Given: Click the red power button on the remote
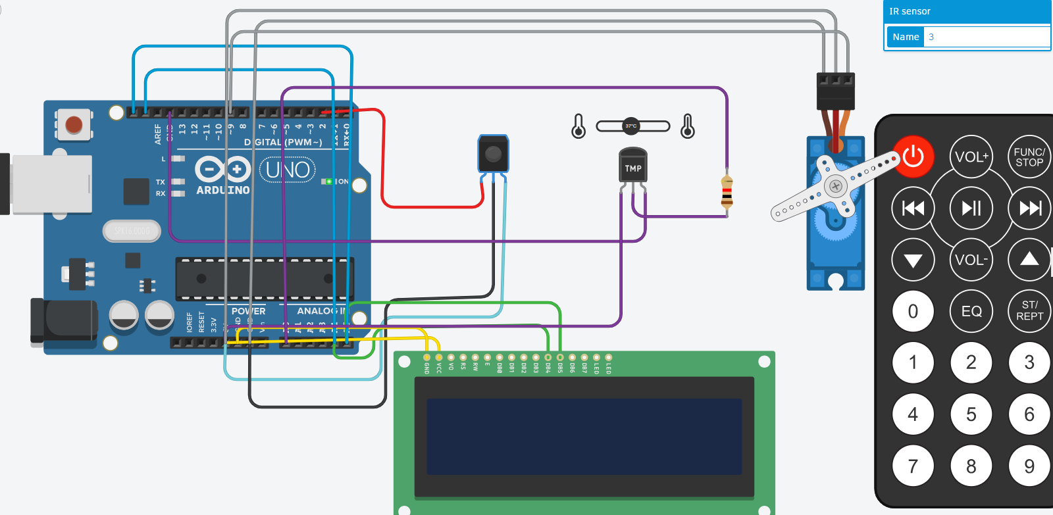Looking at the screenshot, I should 913,157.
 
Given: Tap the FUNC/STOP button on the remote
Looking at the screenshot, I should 1029,157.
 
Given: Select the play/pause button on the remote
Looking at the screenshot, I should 971,208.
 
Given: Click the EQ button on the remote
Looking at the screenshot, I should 971,311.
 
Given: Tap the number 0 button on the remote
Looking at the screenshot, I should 913,311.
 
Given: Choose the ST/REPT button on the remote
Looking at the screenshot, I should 1029,310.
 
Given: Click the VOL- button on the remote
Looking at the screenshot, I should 971,260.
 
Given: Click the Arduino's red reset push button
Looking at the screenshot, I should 74,124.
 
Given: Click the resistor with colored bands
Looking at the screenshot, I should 727,192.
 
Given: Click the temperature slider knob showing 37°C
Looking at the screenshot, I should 631,126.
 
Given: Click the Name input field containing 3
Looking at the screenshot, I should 985,37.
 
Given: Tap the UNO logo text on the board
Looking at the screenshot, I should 288,170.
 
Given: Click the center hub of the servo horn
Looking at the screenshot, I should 836,186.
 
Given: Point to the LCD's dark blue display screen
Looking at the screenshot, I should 584,436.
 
